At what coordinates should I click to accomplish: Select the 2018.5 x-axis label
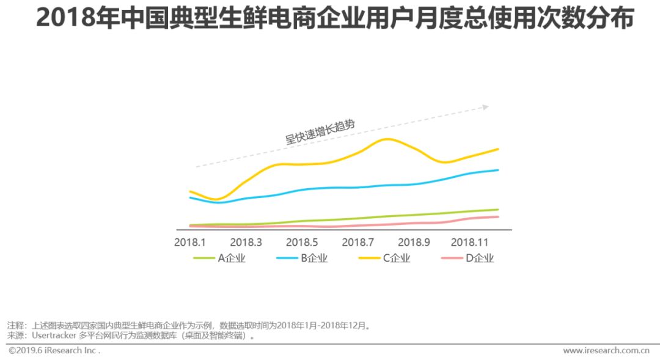click(x=302, y=243)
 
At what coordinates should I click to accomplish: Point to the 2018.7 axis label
click(x=358, y=243)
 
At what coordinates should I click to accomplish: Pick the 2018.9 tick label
click(x=414, y=243)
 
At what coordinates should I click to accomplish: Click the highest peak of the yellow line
click(x=387, y=139)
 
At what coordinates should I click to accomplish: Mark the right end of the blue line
click(x=498, y=170)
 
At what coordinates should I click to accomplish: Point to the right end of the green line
click(x=498, y=210)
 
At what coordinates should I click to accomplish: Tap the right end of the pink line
click(x=498, y=217)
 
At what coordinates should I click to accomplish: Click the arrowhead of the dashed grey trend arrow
click(x=486, y=107)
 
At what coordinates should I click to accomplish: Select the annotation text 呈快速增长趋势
click(x=320, y=131)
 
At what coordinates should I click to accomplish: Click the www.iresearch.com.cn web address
click(x=606, y=351)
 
